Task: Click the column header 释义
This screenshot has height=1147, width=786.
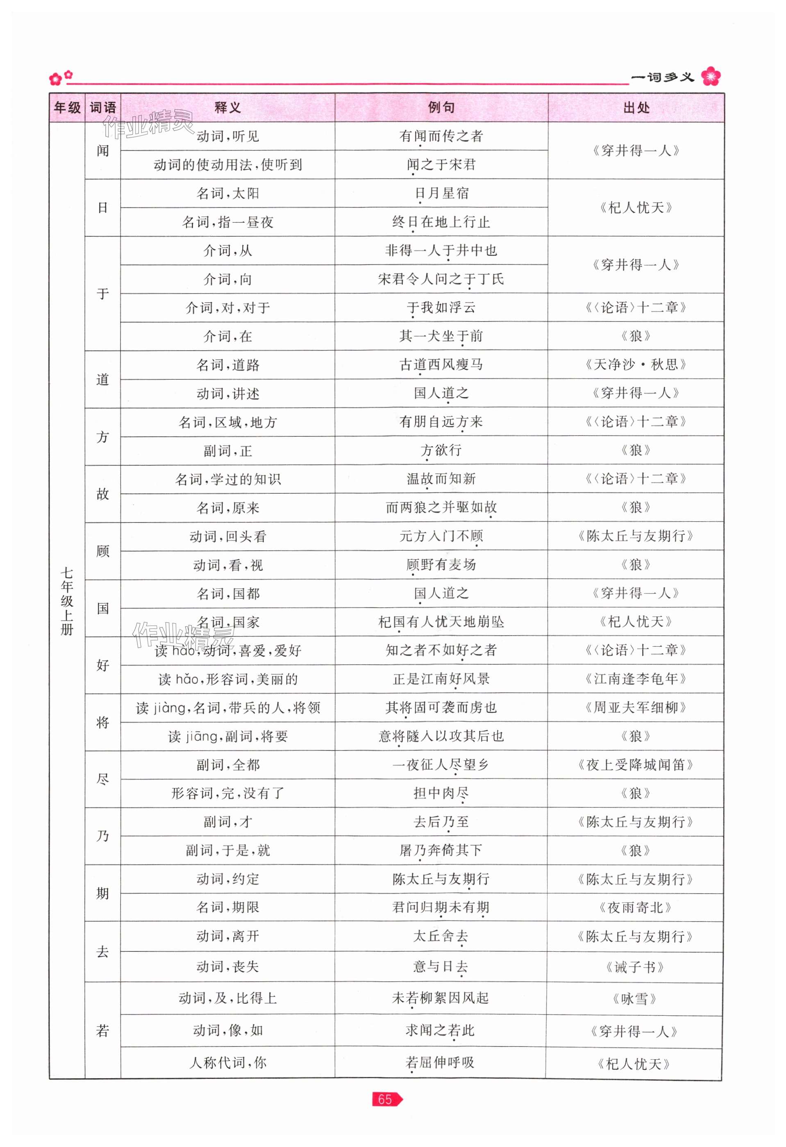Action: [x=227, y=107]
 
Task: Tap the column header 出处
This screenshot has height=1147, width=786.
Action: [x=636, y=107]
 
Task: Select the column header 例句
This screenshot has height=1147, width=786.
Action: [x=441, y=107]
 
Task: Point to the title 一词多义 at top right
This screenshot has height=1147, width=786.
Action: [x=662, y=78]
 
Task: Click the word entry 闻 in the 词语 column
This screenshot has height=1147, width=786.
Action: [x=102, y=151]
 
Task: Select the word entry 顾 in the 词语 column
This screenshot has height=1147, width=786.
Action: [x=102, y=551]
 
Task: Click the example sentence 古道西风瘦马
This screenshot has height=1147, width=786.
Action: [x=441, y=365]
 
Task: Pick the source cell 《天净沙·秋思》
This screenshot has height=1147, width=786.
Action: [x=636, y=365]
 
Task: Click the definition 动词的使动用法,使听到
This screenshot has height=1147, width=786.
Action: [x=227, y=165]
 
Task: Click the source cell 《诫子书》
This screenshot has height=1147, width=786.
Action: [x=635, y=967]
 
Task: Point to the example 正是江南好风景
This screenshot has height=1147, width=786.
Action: [x=441, y=679]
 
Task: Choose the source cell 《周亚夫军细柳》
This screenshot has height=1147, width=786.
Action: [x=636, y=708]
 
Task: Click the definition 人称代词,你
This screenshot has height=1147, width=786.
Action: [x=227, y=1062]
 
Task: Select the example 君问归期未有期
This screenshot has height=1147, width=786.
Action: [x=441, y=907]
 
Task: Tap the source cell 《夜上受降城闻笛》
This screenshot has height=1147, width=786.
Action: [x=636, y=765]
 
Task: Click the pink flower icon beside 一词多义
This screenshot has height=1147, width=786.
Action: [x=711, y=77]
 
